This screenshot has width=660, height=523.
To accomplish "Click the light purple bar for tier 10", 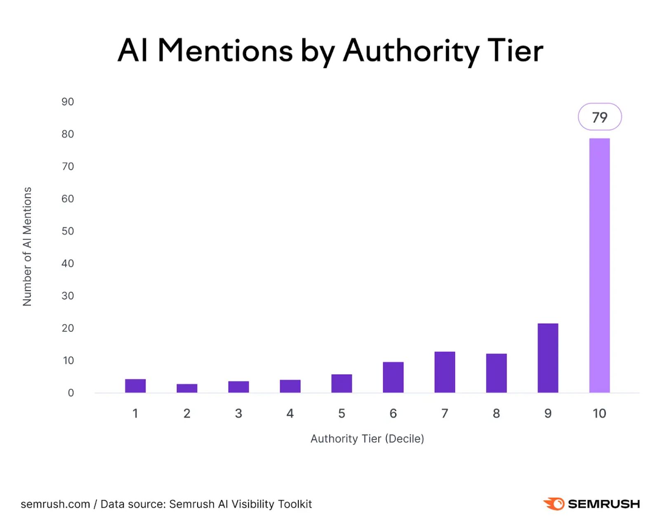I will tap(599, 265).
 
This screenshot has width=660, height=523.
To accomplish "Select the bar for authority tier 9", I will tap(547, 358).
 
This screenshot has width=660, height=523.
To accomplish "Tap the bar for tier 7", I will tap(444, 372).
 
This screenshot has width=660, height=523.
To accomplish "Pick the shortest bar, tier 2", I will tap(187, 388).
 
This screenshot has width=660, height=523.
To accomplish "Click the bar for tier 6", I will tap(393, 377).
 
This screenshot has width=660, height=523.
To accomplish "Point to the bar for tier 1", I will tap(135, 386).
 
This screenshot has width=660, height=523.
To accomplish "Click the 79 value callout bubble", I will tap(599, 117).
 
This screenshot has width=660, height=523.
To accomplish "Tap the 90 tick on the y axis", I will tap(68, 102).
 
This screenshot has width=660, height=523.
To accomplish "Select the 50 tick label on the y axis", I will tap(68, 231).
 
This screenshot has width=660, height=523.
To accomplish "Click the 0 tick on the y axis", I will tap(71, 393).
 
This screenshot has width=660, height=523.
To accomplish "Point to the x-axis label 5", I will tap(342, 413).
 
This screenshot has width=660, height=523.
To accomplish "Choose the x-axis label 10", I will tap(599, 413).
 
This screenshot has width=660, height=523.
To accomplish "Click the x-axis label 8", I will tap(496, 413).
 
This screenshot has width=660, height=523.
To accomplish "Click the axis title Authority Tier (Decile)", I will tap(367, 438).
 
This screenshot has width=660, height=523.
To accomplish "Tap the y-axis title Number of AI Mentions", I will tap(27, 246).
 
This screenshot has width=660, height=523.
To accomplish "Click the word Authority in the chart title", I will tap(411, 51).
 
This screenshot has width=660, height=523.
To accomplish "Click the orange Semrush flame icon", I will tap(554, 504).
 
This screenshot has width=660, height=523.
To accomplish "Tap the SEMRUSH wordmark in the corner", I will tap(603, 504).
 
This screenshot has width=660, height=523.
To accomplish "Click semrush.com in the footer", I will tap(55, 504).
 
